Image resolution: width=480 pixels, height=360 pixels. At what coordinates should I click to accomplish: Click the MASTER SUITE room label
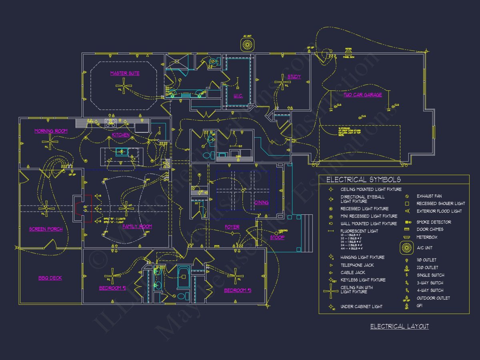pos(125,73)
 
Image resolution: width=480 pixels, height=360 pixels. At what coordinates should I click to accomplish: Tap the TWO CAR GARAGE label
pos(362,95)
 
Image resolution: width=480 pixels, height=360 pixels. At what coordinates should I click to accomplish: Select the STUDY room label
pos(294,76)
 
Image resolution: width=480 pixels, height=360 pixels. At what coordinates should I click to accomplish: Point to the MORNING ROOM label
pos(51,131)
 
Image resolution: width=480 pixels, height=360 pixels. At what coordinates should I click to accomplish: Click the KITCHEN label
pos(120,135)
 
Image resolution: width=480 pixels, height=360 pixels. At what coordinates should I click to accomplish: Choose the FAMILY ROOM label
pos(137,226)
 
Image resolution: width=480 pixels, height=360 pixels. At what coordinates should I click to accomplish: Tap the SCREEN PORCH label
pos(46,229)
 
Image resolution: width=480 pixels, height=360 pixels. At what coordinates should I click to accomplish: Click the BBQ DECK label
pos(50,278)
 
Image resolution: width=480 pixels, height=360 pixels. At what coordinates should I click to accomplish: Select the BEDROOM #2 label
pos(112,288)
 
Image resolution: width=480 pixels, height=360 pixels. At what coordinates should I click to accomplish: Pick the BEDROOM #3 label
pos(237,290)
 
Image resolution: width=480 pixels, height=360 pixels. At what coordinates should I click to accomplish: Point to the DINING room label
pos(261,202)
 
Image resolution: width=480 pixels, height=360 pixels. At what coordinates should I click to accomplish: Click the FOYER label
pos(232,227)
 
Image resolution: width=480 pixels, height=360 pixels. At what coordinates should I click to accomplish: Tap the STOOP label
pos(277,237)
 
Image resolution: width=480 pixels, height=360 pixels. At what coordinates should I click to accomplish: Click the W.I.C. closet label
pos(238,96)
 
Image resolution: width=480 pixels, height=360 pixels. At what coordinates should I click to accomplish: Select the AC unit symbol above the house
pos(247,45)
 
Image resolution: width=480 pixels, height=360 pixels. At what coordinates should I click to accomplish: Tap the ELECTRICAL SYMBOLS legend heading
pos(363,180)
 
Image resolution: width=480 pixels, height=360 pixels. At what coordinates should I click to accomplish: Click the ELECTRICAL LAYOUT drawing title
pos(399,326)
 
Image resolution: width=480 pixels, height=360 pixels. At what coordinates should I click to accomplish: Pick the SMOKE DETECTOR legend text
pos(434,222)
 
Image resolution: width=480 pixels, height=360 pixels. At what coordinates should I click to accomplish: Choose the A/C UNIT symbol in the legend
pos(407,248)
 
